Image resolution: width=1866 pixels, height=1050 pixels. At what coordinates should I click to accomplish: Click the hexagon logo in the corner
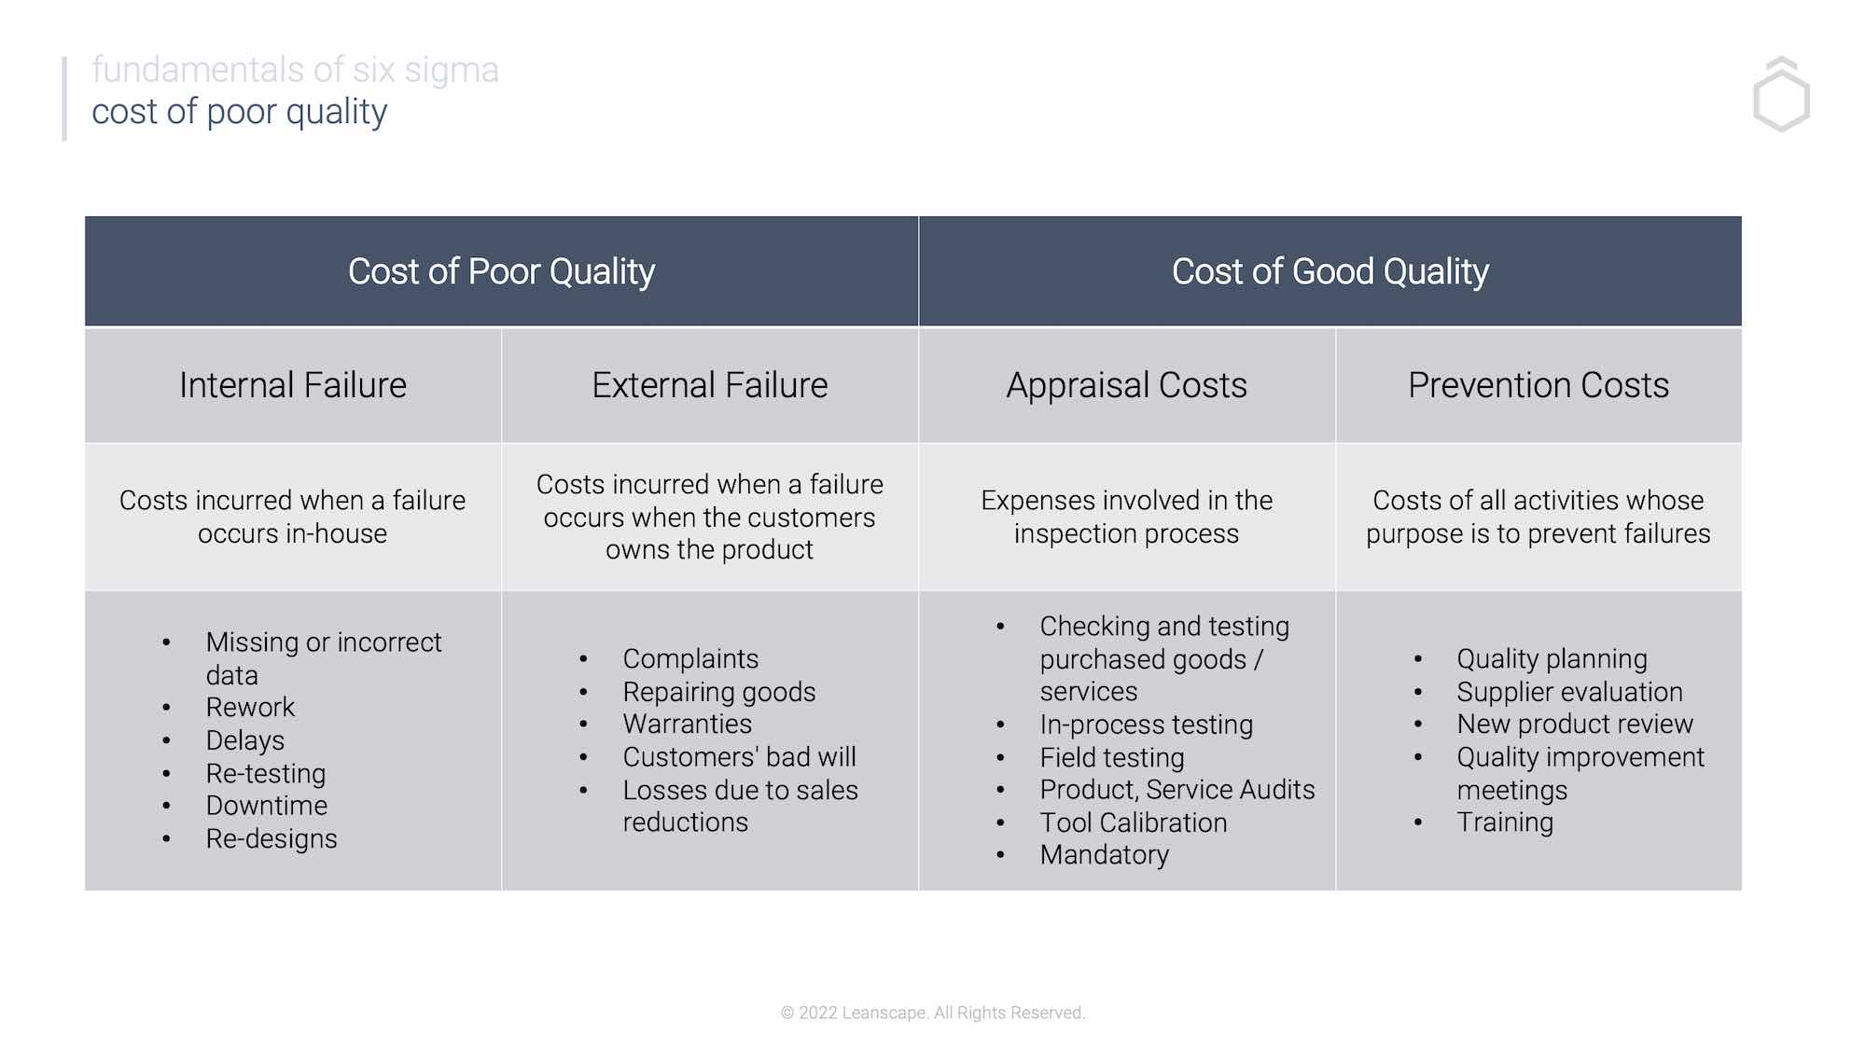coord(1781,95)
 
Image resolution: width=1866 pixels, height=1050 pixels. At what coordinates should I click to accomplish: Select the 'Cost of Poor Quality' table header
coord(501,271)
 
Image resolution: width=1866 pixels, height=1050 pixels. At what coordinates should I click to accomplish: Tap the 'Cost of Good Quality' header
coord(1330,271)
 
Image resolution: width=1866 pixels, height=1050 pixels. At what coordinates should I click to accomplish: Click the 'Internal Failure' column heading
coord(293,385)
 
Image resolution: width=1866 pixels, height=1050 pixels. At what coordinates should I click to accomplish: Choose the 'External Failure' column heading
coord(709,385)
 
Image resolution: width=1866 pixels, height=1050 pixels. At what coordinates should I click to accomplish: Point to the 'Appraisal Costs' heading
coord(1126,385)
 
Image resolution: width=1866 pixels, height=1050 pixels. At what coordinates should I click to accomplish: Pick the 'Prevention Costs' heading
coord(1538,385)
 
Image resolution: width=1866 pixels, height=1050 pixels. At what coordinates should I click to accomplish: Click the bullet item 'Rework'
coord(250,708)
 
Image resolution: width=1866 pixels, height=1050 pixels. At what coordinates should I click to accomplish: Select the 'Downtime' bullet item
coord(267,806)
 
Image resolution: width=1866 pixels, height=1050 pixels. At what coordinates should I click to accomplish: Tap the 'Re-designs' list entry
coord(272,838)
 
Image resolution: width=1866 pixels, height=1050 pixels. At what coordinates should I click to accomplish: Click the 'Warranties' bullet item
coord(687,725)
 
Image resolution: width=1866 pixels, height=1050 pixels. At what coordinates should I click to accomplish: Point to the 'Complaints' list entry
coord(690,659)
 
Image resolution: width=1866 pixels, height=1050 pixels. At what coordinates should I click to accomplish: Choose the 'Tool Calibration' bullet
coord(1134,822)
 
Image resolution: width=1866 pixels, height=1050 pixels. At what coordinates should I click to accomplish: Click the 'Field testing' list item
coord(1112,757)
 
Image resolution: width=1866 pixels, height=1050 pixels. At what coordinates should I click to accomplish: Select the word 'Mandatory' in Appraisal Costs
coord(1105,855)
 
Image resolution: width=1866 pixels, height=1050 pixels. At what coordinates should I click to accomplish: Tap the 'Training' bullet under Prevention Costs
coord(1505,822)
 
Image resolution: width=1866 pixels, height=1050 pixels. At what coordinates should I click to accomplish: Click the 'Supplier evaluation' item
coord(1569,692)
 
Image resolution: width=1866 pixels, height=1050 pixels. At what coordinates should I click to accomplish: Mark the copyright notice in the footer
coord(933,1013)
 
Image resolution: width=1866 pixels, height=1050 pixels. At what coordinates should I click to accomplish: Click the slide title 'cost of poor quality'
coord(239,112)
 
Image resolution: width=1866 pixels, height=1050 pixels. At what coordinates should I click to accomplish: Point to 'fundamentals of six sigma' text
coord(295,70)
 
